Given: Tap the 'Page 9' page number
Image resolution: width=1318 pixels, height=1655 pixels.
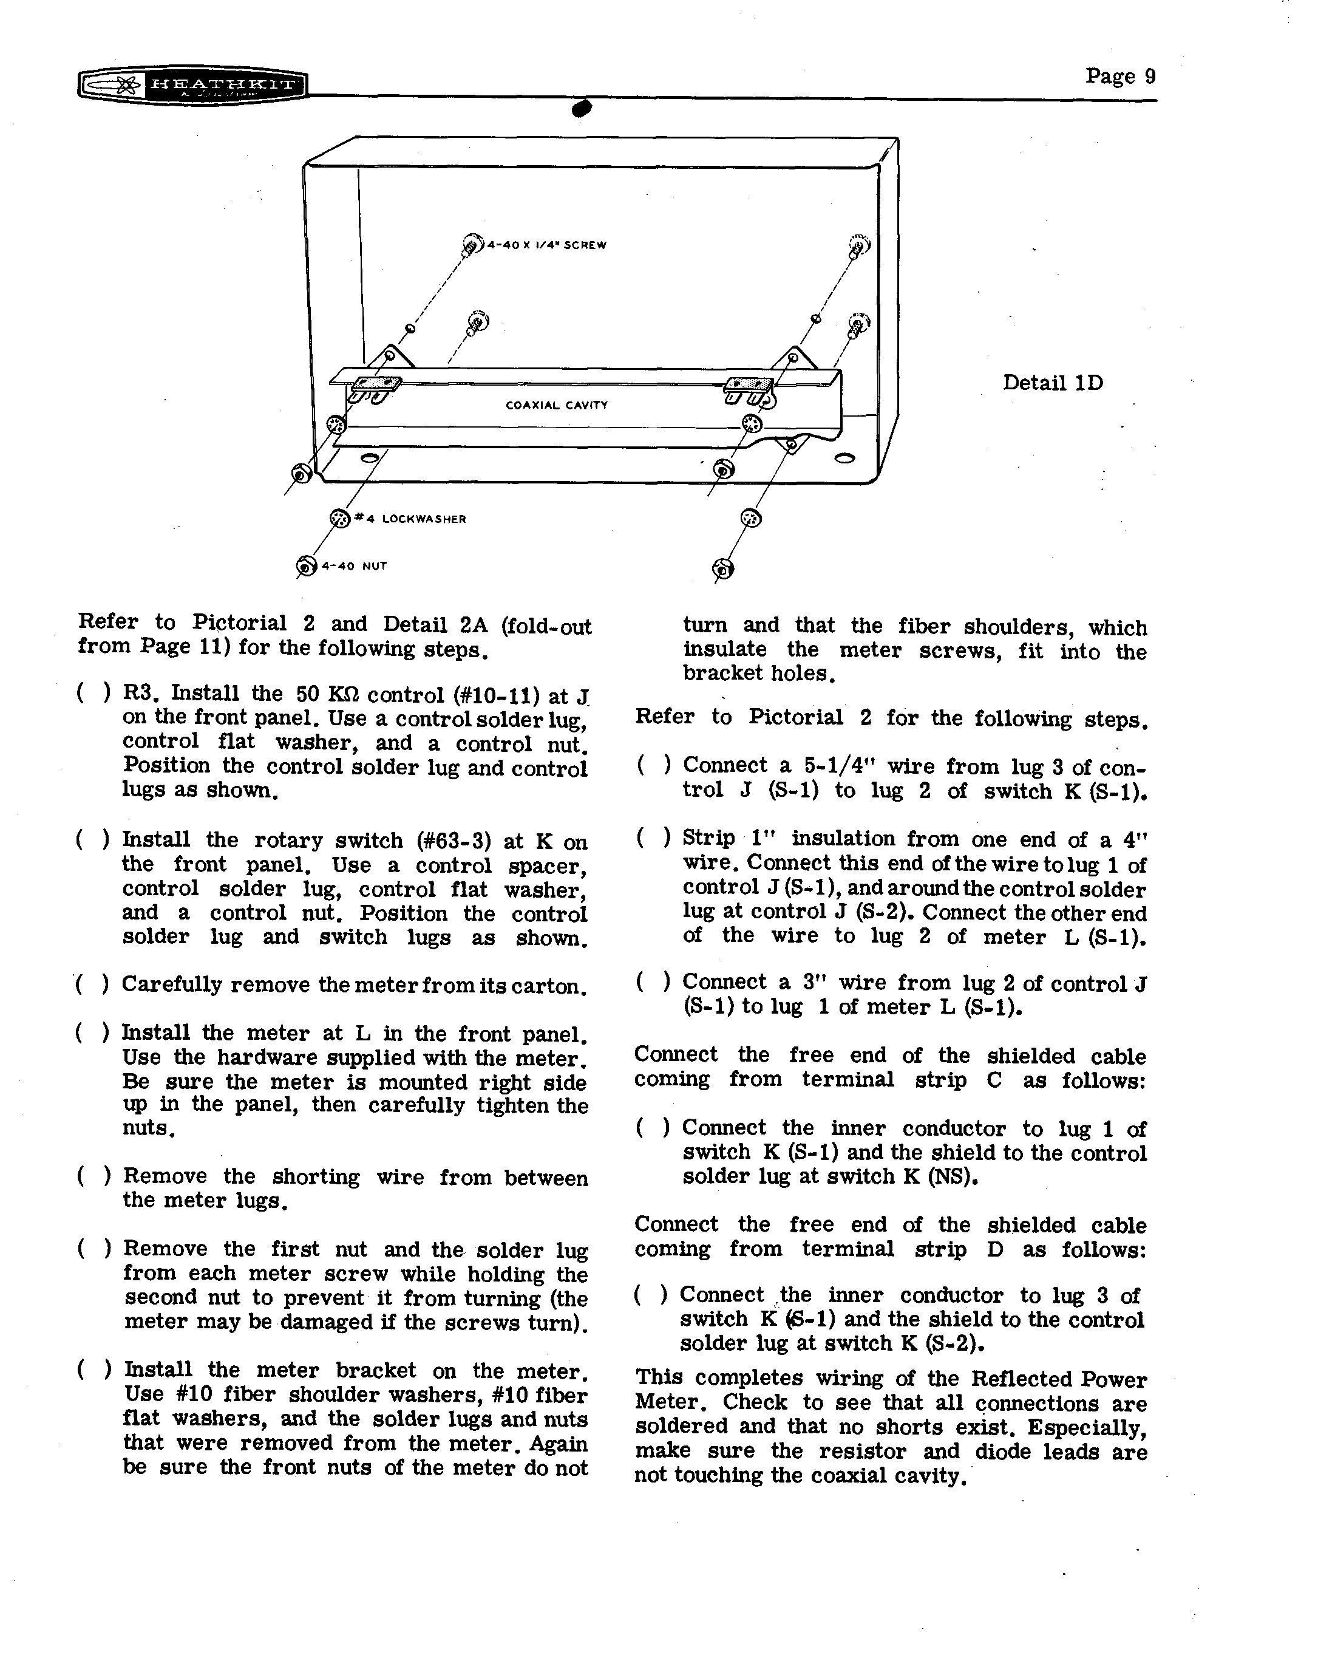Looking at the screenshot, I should [x=1119, y=76].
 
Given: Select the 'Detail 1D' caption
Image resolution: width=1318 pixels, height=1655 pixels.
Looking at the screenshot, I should [x=1052, y=382].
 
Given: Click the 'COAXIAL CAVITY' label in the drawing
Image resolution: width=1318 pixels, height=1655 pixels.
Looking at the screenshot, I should [x=556, y=404].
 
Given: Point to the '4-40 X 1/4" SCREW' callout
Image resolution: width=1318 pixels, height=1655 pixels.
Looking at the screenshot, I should [x=546, y=245].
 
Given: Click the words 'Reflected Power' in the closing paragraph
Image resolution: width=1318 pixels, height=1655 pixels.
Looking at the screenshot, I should [x=1059, y=1379].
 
